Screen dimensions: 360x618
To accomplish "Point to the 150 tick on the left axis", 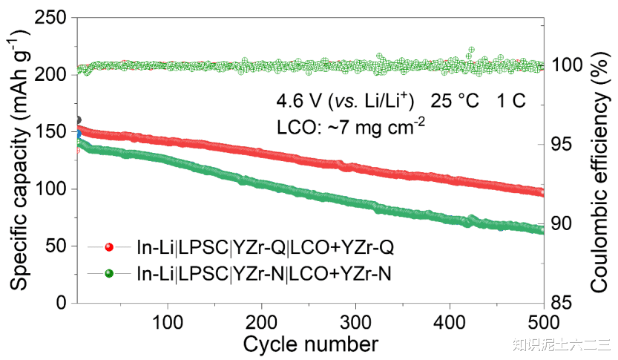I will [50, 131].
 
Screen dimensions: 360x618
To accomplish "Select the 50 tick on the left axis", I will [56, 246].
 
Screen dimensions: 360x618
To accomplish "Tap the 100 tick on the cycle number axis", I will [168, 322].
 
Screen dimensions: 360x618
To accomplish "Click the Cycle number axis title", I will [310, 344].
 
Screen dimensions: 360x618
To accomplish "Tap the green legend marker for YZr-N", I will [109, 273].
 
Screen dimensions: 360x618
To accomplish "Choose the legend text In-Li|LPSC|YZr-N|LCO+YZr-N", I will [263, 274].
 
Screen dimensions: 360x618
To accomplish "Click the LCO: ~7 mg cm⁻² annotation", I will [350, 127].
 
